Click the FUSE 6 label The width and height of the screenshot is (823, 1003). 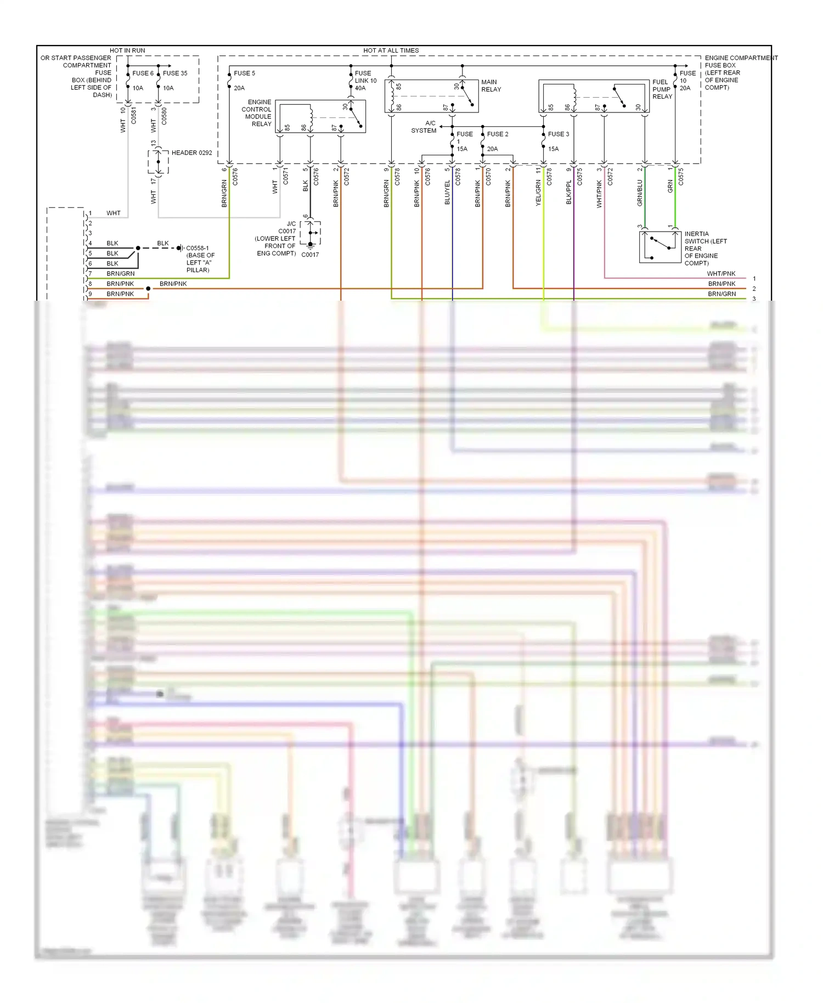(x=143, y=73)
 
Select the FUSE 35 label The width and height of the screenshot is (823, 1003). (x=174, y=73)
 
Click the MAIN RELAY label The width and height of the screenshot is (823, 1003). (x=491, y=86)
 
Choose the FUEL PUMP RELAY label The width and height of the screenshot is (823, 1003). (x=662, y=89)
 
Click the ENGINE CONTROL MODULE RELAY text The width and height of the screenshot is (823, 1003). (x=257, y=113)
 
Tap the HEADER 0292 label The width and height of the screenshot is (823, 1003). (x=191, y=153)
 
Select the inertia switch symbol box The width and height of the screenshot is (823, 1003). (x=659, y=247)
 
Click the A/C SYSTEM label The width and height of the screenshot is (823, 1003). (x=425, y=127)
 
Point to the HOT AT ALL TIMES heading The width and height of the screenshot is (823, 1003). (x=391, y=50)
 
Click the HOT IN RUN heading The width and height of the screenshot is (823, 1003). (x=127, y=50)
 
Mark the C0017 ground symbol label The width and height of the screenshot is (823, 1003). (x=310, y=255)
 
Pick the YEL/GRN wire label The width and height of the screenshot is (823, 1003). (x=538, y=193)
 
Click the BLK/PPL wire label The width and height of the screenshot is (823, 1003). (x=568, y=193)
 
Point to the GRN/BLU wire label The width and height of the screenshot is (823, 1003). (x=640, y=193)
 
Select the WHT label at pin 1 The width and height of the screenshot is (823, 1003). (x=113, y=213)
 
